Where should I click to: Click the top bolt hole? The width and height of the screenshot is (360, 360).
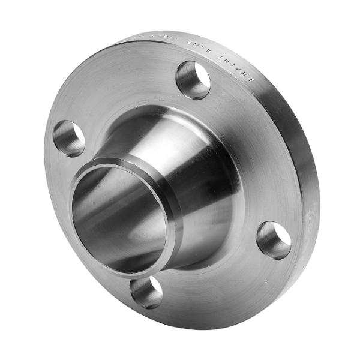(193, 80)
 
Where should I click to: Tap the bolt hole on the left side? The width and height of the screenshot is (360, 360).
(68, 138)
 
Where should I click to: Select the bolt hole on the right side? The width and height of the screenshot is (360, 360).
(274, 240)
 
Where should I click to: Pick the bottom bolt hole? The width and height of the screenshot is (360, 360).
(146, 292)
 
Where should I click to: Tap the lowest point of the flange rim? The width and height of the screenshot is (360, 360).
(198, 327)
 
